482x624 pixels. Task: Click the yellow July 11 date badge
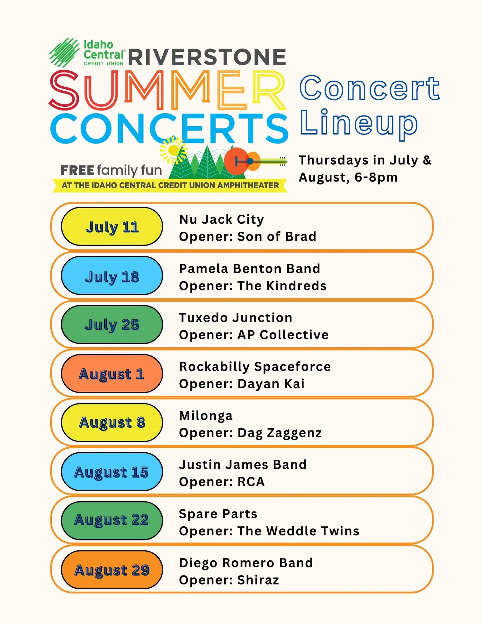click(x=112, y=227)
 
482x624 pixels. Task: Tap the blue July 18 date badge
click(x=112, y=276)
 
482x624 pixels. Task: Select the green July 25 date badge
click(x=112, y=325)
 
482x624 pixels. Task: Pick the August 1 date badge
click(x=112, y=374)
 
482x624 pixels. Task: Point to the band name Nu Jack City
click(x=221, y=219)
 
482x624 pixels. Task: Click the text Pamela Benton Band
click(x=249, y=269)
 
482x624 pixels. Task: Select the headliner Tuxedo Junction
click(x=236, y=318)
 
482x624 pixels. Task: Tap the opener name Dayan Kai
click(x=271, y=384)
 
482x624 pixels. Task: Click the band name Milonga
click(x=206, y=416)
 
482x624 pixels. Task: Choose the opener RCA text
click(x=251, y=482)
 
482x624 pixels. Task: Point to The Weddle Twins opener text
click(x=298, y=531)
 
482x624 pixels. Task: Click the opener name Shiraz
click(x=258, y=580)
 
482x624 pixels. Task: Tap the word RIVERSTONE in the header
click(x=207, y=57)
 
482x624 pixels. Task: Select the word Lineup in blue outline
click(x=359, y=124)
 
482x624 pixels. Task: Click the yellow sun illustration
click(x=174, y=150)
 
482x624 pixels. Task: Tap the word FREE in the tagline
click(x=77, y=170)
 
